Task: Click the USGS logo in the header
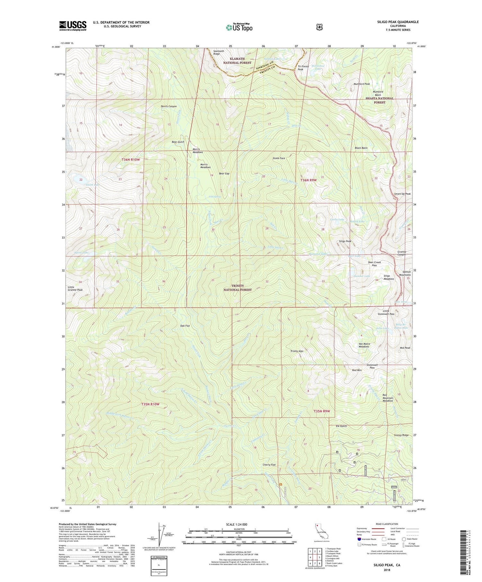tap(73, 26)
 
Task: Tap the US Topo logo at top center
tap(239, 27)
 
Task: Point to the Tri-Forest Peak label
tap(303, 68)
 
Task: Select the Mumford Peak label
tap(362, 84)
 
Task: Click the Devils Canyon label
tap(169, 106)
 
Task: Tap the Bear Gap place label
tap(224, 174)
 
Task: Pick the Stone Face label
tap(279, 158)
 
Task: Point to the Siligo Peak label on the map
tap(345, 241)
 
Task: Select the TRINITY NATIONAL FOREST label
tap(237, 288)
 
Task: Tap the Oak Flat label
tap(185, 326)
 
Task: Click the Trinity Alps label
tap(297, 351)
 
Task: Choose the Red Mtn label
tap(357, 370)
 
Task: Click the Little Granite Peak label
tap(75, 289)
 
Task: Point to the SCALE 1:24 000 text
tap(239, 524)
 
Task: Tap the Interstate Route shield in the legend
tap(359, 539)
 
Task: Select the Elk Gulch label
tap(341, 426)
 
